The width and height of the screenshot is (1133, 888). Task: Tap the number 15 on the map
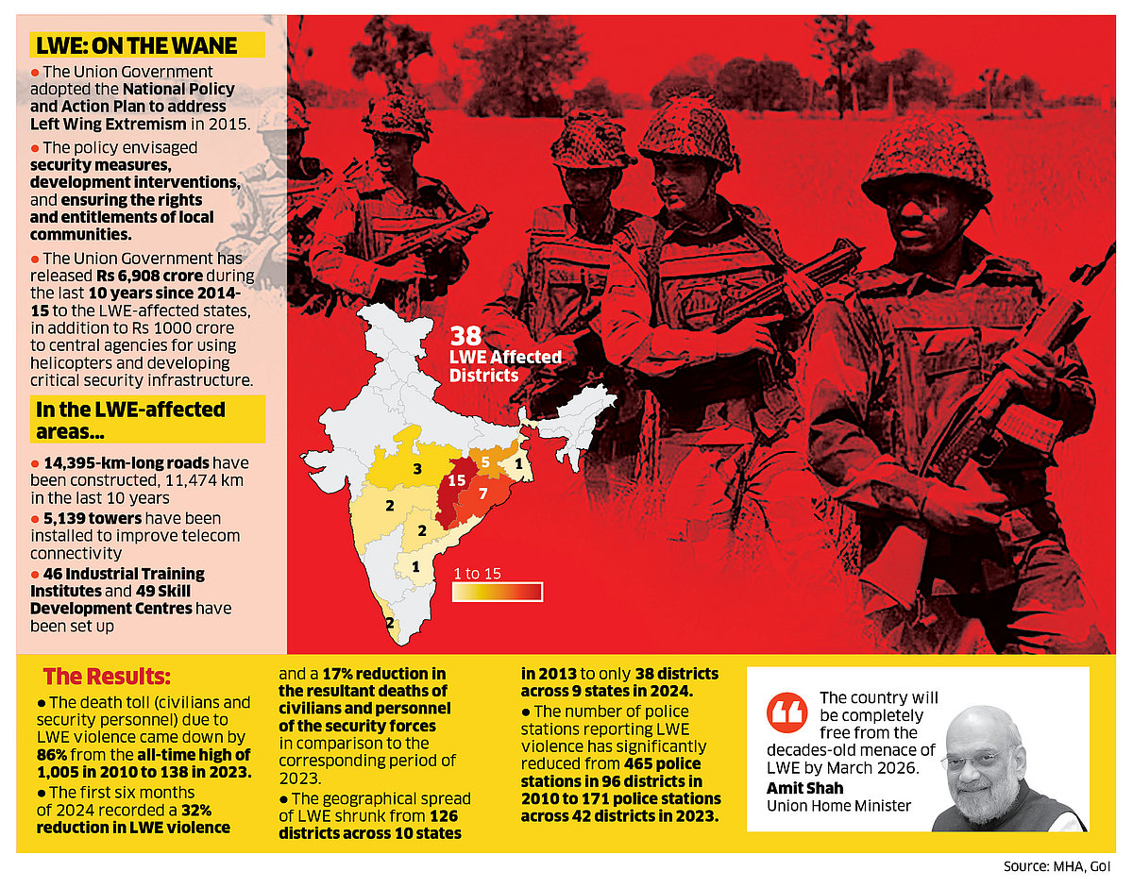pos(457,480)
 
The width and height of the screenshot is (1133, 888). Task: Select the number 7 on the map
pos(482,494)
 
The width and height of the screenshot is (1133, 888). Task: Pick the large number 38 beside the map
pos(467,337)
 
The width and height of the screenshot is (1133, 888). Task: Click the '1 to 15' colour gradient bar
pos(498,592)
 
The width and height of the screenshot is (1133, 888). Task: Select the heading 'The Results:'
pos(107,677)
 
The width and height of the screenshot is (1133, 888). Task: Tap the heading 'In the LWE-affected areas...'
pos(130,420)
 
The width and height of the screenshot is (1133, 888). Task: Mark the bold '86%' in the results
pos(53,754)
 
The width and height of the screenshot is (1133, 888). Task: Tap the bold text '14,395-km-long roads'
pos(127,463)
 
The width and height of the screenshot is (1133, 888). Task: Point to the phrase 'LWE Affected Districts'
pos(505,366)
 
